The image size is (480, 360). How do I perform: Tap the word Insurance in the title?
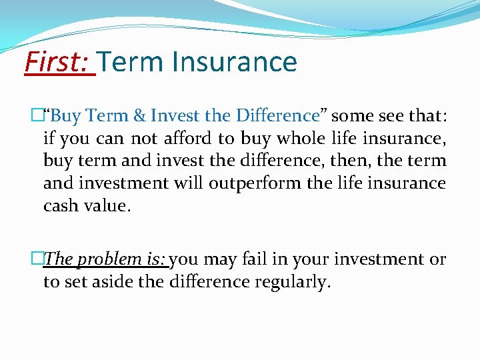234,62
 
